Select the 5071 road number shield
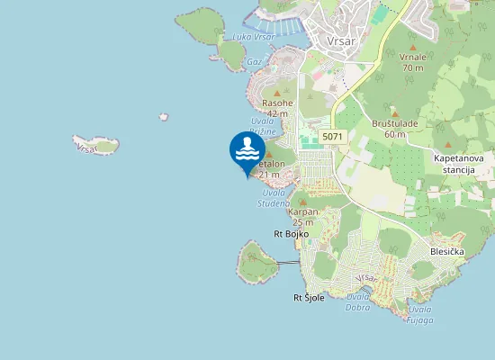click(x=333, y=137)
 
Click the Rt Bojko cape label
click(x=292, y=234)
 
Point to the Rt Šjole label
click(x=309, y=297)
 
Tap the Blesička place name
click(x=447, y=251)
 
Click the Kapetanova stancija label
click(x=459, y=164)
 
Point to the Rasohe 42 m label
click(x=276, y=109)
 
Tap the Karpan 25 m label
click(x=303, y=217)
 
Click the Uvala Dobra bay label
click(x=358, y=301)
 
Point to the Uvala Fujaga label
click(x=419, y=315)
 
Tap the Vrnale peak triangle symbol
click(x=413, y=46)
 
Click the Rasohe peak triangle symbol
click(x=276, y=93)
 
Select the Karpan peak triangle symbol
click(x=303, y=202)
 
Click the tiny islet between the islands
click(x=163, y=116)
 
